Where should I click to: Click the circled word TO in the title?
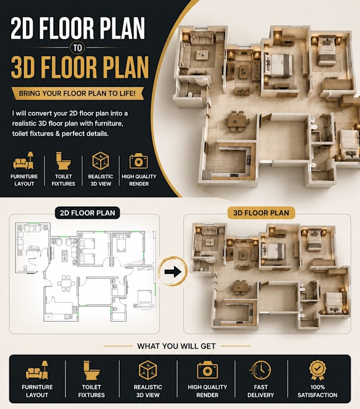tap(77, 48)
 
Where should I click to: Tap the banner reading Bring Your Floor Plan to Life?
tap(77, 93)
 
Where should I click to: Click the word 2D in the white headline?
tap(23, 28)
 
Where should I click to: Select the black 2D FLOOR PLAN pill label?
tap(87, 213)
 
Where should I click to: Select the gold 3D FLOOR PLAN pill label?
tap(261, 213)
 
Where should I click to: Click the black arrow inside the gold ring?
tap(173, 272)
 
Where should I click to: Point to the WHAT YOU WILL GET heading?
tap(176, 346)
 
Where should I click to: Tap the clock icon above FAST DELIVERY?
tap(260, 370)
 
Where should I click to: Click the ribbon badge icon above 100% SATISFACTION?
tap(318, 370)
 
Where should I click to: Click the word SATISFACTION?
tap(318, 395)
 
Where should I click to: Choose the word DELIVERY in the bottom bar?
tap(260, 395)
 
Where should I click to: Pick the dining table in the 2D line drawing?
tap(64, 283)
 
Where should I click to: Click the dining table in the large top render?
tap(237, 121)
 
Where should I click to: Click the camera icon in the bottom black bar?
tap(207, 370)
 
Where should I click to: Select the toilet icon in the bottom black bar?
tap(91, 370)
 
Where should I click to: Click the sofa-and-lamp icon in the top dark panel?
tap(24, 160)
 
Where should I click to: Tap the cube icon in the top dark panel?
tap(101, 161)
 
